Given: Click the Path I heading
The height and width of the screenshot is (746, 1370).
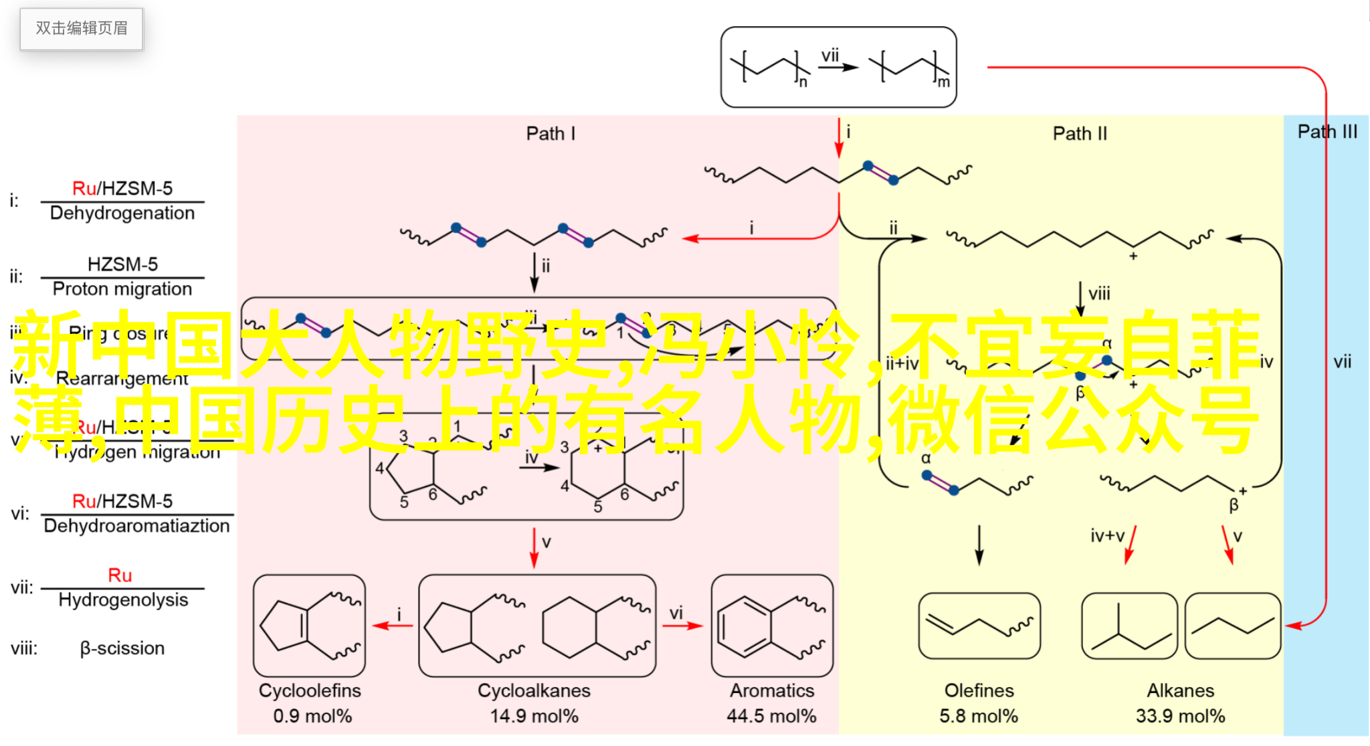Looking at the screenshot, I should [551, 134].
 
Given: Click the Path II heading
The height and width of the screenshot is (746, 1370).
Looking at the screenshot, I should [1080, 134].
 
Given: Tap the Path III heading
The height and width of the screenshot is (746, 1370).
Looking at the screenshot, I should [1327, 132].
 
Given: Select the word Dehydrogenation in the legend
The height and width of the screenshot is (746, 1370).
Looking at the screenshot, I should [122, 213].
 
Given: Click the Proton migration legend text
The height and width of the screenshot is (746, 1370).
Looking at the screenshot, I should [122, 289].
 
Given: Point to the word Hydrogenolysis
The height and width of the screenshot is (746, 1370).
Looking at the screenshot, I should [123, 600].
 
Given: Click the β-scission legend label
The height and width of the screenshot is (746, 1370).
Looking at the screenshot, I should [122, 648].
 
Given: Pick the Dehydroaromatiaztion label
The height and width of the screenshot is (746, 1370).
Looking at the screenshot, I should [136, 526].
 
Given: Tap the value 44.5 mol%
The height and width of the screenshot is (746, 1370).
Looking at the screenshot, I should [771, 716].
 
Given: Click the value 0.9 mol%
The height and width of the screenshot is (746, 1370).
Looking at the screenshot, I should [312, 716].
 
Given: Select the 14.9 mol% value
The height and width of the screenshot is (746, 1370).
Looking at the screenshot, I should [534, 716].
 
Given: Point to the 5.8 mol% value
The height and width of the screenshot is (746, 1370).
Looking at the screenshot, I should [979, 716].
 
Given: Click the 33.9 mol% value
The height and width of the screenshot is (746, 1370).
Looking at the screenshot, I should [1180, 716].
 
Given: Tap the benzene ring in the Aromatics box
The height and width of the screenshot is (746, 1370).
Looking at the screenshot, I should [744, 627].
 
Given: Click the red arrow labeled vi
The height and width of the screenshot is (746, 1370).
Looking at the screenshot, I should [682, 626].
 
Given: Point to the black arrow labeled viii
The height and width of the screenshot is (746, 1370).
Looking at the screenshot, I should [1080, 298].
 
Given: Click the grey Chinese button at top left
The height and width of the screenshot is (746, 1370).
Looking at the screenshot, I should [82, 29].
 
